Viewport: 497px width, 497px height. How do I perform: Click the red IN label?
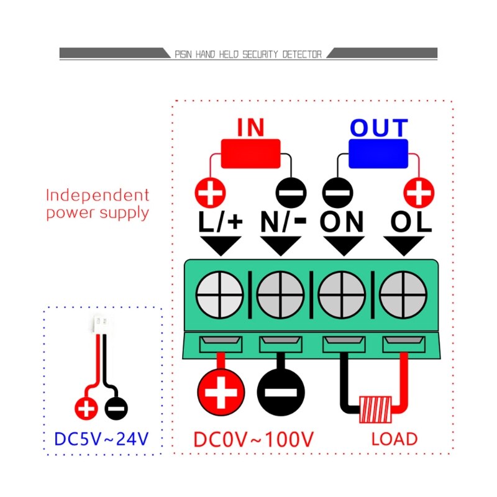click(x=251, y=127)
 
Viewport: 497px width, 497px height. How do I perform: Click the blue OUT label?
click(x=378, y=128)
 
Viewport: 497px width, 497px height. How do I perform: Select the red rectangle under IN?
click(x=251, y=153)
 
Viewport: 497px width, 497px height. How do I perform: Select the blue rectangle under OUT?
click(x=378, y=153)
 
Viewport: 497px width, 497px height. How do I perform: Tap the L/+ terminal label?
click(x=219, y=222)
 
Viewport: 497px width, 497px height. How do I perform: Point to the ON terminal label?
click(x=342, y=222)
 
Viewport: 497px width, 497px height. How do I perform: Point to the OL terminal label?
click(x=411, y=222)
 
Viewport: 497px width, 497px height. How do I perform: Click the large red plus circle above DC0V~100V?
click(x=219, y=392)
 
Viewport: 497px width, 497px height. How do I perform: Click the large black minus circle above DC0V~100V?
click(x=281, y=392)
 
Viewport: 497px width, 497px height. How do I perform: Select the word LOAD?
click(x=394, y=439)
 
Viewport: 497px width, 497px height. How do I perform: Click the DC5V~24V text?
click(x=101, y=439)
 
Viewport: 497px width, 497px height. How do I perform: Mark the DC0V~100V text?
click(x=253, y=440)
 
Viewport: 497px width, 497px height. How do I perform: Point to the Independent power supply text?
click(x=98, y=204)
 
